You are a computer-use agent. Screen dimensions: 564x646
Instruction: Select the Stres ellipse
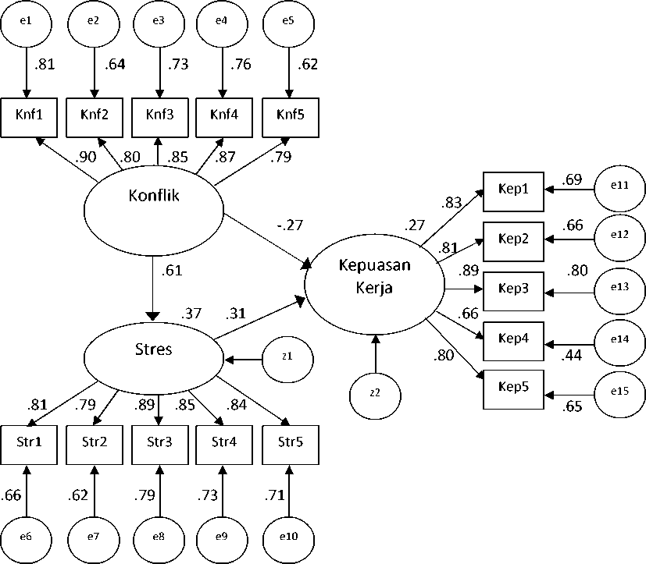pyautogui.click(x=153, y=349)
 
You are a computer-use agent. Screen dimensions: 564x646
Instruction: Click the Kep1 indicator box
pyautogui.click(x=513, y=190)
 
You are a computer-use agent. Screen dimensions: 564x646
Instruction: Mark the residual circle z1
pyautogui.click(x=287, y=360)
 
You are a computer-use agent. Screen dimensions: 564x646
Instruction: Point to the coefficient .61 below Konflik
pyautogui.click(x=173, y=271)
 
